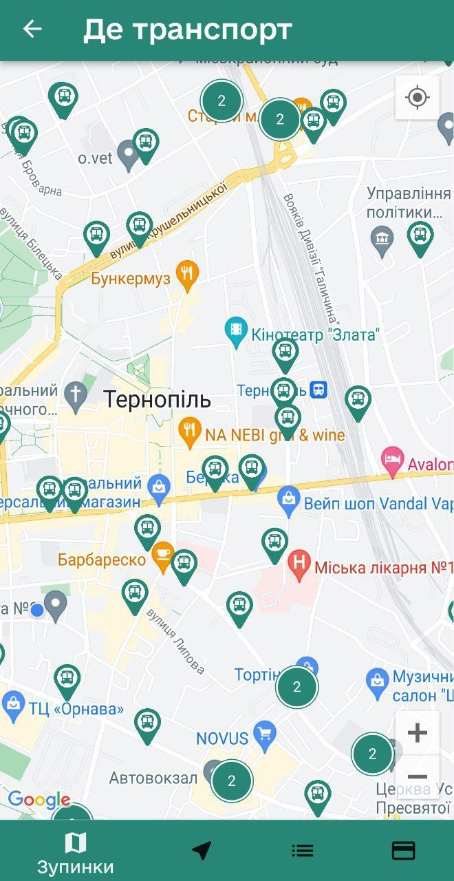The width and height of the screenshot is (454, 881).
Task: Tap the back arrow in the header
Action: [x=32, y=29]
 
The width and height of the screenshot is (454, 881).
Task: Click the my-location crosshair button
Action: [x=417, y=97]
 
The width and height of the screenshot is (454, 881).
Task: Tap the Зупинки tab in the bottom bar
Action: [x=76, y=852]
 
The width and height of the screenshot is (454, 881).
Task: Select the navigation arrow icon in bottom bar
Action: [x=202, y=851]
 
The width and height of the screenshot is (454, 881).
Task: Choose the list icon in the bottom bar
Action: [x=303, y=851]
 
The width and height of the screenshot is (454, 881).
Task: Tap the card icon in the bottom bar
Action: [x=403, y=851]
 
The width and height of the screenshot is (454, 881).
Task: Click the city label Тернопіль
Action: [x=158, y=399]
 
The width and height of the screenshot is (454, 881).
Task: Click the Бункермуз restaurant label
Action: [x=130, y=279]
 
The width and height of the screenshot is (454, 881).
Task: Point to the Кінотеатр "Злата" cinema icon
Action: [x=236, y=333]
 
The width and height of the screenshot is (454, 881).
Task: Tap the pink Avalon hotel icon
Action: [x=392, y=460]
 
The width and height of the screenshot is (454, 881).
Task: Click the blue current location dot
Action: [x=37, y=610]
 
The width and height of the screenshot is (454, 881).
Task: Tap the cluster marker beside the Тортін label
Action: [x=297, y=687]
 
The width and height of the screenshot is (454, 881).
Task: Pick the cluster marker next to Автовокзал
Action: [x=232, y=781]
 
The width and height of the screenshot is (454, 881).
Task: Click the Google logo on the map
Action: [x=39, y=800]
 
